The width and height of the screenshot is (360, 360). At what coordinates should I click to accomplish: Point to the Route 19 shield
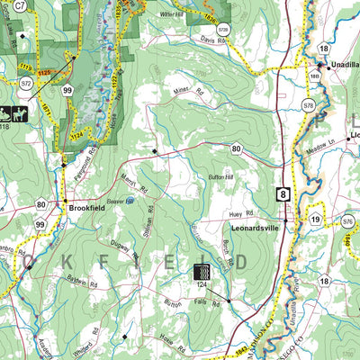coord(315,220)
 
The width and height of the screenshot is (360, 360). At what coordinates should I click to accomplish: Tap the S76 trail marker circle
coord(347,219)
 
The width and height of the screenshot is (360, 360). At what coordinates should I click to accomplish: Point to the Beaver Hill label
coord(112,202)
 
